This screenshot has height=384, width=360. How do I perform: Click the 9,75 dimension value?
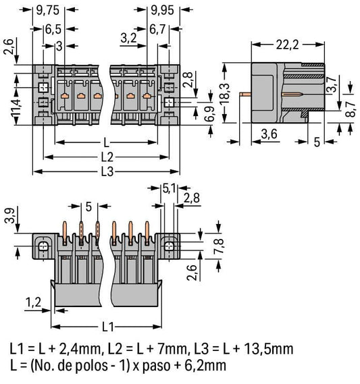(x=48, y=10)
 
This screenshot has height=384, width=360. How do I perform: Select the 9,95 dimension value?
(x=162, y=10)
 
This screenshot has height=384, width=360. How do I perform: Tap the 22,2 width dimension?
(x=288, y=45)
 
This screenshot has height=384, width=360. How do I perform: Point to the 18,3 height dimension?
(x=225, y=93)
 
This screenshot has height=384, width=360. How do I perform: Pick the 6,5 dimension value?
(x=53, y=30)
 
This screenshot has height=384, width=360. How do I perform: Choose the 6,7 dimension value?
(x=158, y=30)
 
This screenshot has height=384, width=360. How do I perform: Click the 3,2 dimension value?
(x=128, y=38)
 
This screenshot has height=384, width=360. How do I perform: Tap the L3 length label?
(x=107, y=171)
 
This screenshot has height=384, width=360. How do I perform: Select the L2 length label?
(x=107, y=157)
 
